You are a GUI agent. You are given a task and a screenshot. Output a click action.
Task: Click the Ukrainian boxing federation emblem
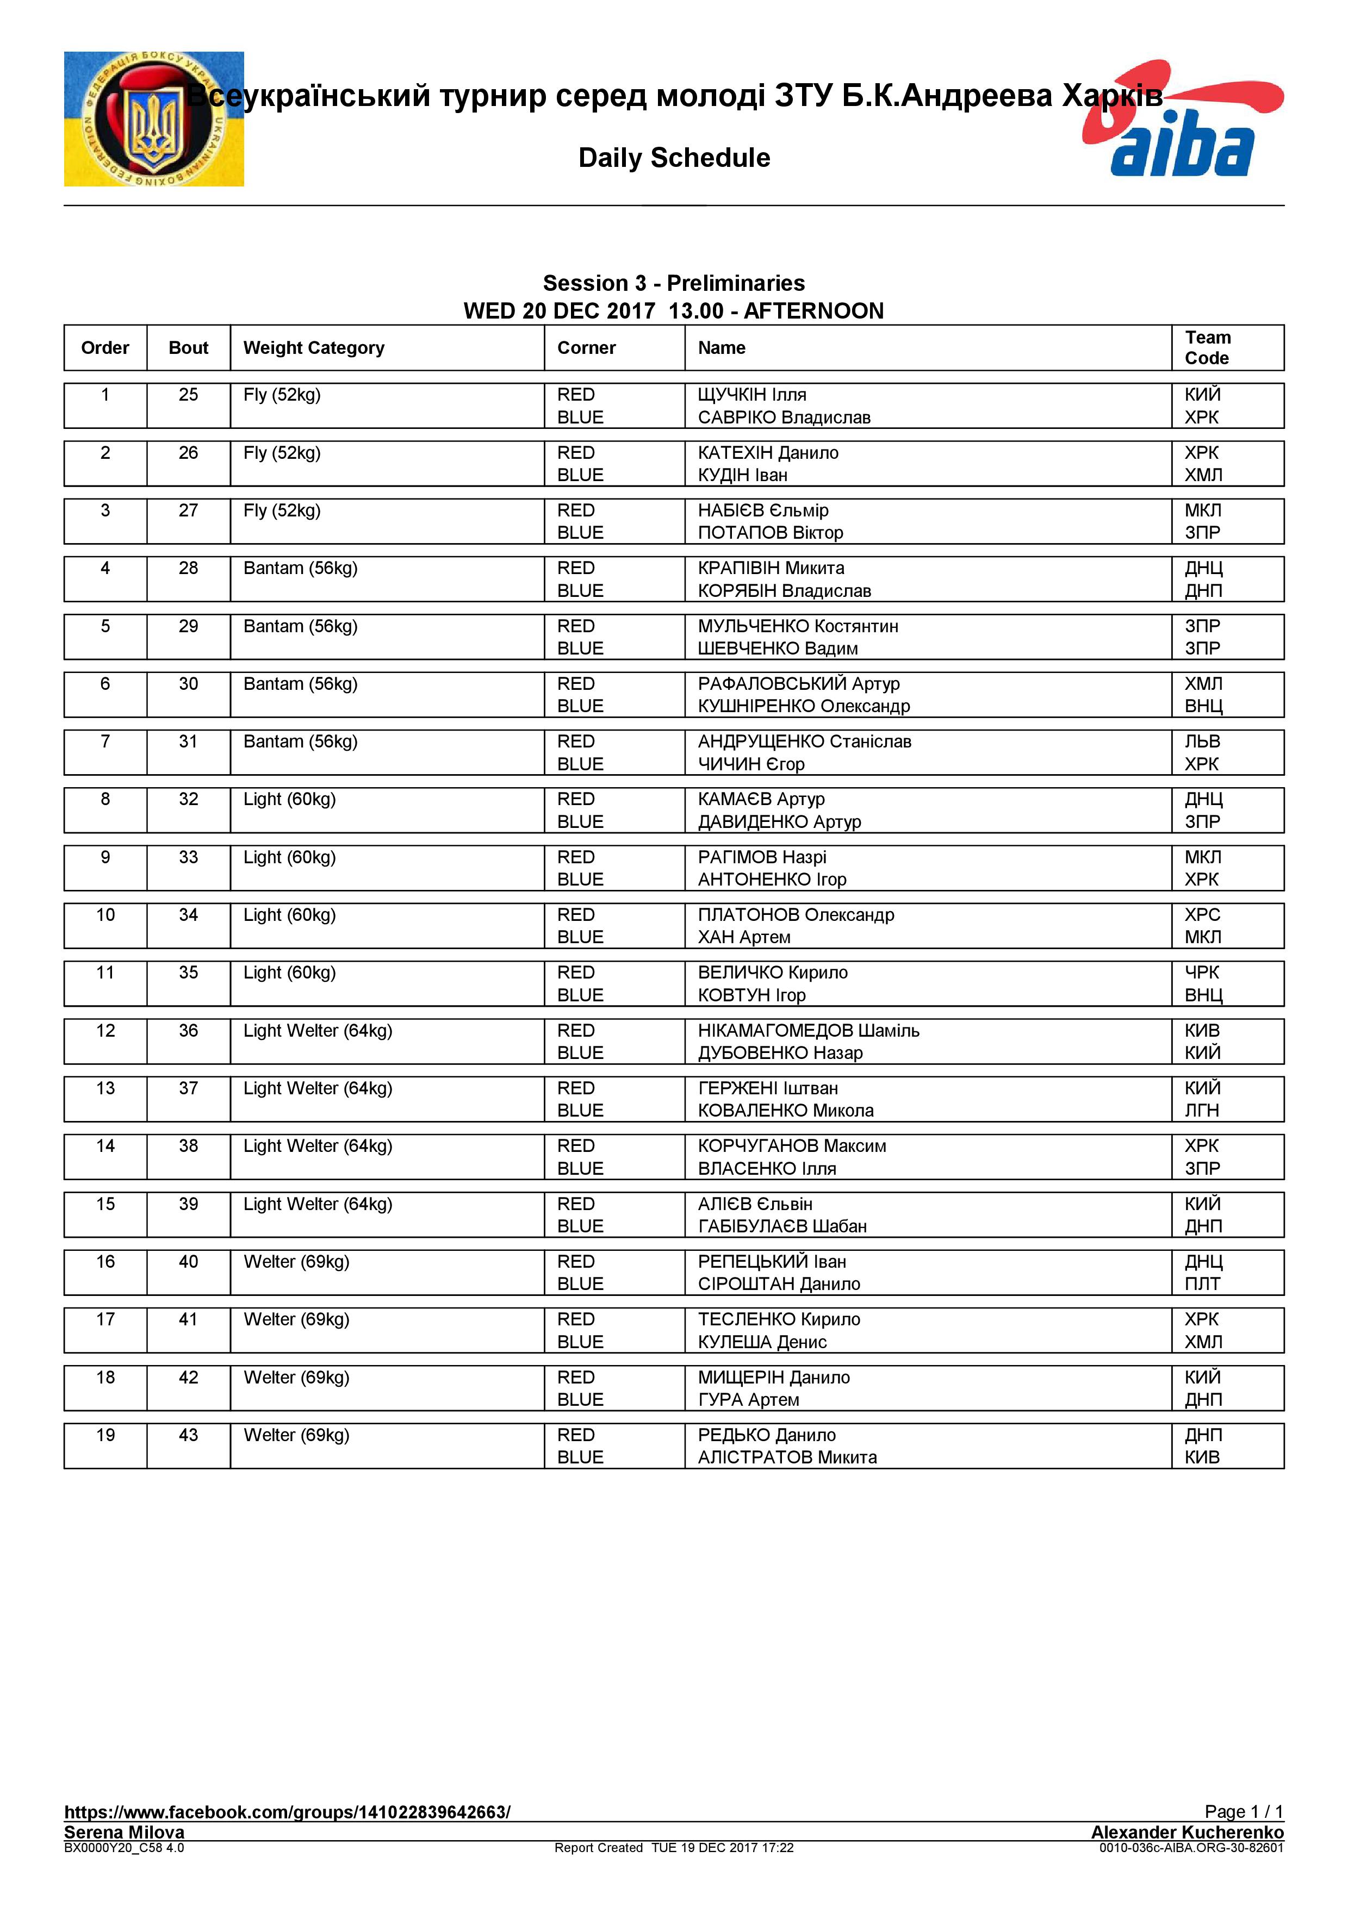click(x=154, y=119)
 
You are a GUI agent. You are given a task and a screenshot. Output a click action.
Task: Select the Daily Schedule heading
click(x=674, y=158)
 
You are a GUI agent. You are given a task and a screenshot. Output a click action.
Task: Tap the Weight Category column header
click(x=313, y=348)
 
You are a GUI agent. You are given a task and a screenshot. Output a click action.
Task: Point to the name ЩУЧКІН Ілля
click(x=751, y=395)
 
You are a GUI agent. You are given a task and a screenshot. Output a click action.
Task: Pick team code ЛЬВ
click(x=1202, y=741)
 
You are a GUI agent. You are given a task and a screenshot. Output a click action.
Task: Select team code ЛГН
click(x=1202, y=1111)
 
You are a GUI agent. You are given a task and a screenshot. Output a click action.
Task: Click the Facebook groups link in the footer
click(x=287, y=1812)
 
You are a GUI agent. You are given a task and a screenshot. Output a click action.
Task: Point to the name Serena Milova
click(x=125, y=1832)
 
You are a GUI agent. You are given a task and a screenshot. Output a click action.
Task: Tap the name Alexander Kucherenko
click(x=1187, y=1832)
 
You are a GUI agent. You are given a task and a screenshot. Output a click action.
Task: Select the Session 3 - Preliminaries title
click(x=674, y=283)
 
